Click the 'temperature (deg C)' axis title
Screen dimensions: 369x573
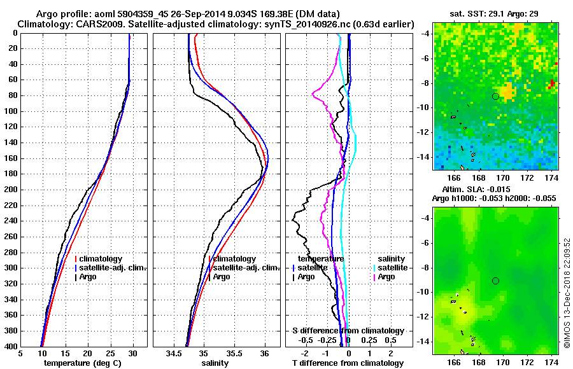83,363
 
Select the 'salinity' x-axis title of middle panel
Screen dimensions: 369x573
216,363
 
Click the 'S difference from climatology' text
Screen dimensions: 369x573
348,331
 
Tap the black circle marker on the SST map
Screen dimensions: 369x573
495,96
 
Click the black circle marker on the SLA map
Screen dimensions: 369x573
495,281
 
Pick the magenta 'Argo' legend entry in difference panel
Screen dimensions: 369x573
386,277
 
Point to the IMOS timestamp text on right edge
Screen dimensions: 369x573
567,293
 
